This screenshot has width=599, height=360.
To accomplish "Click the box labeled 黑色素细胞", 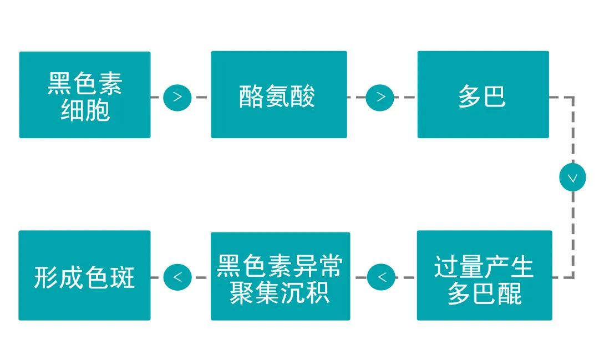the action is click(85, 95).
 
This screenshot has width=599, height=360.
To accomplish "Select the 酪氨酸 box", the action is click(279, 94).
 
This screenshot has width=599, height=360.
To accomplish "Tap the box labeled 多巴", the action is click(483, 94).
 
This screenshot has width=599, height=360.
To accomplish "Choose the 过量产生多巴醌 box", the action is click(484, 275).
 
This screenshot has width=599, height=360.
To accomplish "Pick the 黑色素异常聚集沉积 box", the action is click(281, 276).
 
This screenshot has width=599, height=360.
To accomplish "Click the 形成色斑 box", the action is click(84, 275).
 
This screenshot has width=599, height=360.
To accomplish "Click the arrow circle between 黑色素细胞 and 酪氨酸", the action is click(177, 97).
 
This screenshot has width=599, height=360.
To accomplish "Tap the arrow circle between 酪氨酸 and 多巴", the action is click(380, 97).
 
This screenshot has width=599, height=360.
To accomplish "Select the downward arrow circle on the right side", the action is click(572, 178).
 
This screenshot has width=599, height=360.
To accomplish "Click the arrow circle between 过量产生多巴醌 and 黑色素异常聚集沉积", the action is click(381, 277).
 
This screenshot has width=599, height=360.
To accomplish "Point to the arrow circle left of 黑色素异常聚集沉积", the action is click(177, 277).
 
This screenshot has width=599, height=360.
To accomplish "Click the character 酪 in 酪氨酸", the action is click(252, 97).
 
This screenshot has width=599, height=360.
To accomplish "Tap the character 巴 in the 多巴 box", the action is click(495, 97).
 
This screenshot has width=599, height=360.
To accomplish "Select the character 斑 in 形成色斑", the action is click(122, 277).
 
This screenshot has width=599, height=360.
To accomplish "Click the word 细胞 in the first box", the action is click(85, 110).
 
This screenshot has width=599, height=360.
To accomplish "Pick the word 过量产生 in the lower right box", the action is click(484, 267).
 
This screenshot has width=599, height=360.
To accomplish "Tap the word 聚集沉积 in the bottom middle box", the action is click(280, 293).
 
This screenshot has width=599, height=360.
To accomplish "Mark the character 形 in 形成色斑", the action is click(46, 277).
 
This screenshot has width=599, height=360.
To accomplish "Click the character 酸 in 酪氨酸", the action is click(303, 97).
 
